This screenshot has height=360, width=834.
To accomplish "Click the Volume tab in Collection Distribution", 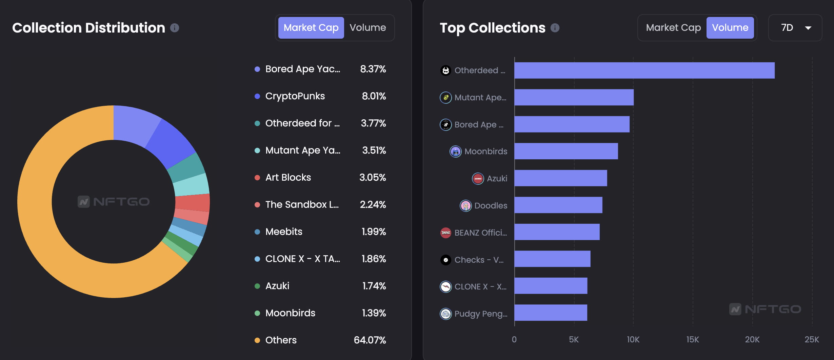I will pos(368,27).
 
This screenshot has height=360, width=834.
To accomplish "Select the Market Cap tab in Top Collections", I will pos(673,27).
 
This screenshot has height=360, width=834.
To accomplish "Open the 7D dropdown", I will pos(795,27).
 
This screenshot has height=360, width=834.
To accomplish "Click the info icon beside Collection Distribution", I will pos(175,28).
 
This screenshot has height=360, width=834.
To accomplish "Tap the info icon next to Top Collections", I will pos(555,28).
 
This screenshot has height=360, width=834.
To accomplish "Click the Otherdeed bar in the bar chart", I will pos(644,71).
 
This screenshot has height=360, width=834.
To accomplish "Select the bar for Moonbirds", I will pos(566,151).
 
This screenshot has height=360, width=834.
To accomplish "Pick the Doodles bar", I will pos(558,205).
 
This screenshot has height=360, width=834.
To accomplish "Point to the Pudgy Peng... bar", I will pos(551,313).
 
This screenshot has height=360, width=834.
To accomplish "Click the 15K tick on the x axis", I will pos(692,339).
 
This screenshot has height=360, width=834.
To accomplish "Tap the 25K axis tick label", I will pos(812,339).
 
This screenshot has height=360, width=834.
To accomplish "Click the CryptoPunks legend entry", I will pos(295,96).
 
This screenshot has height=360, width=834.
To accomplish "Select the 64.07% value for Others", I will pos(370,340).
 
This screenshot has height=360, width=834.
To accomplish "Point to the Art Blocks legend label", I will pos(288,178).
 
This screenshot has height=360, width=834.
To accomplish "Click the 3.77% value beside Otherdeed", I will pos(373,123).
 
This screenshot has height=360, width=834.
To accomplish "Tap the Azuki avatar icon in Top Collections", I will pos(478,178).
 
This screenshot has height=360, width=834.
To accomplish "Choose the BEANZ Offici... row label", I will pos(480,233).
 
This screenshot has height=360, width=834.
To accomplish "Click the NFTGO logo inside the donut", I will pos(114,202).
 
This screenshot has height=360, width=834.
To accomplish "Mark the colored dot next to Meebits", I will pos(257,232).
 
